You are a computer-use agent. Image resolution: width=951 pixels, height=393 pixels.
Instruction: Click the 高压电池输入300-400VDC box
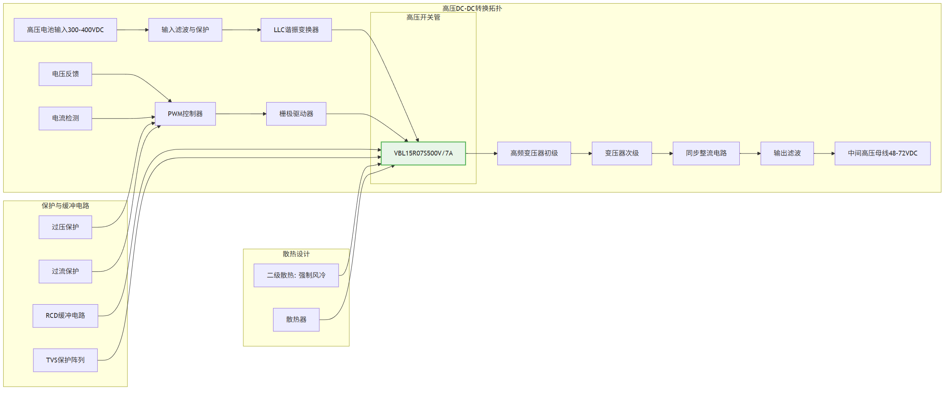click(65, 30)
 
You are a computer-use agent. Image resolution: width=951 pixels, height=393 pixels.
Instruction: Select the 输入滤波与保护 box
click(185, 30)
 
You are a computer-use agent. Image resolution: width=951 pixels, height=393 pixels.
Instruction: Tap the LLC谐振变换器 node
click(296, 30)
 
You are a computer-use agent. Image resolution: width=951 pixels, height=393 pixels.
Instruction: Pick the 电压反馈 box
click(65, 74)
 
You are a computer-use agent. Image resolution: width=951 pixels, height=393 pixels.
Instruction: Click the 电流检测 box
click(65, 118)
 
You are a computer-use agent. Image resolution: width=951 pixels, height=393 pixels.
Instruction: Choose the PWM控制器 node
click(185, 114)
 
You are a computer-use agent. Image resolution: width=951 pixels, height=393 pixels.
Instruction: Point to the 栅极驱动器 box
click(296, 114)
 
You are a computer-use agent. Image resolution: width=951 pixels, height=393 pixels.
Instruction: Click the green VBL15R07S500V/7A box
click(423, 153)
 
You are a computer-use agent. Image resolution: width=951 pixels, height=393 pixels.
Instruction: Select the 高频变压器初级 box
click(534, 153)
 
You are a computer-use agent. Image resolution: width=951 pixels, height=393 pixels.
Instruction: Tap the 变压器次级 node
click(622, 153)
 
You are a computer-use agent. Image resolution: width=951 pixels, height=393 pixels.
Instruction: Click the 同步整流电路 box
click(706, 153)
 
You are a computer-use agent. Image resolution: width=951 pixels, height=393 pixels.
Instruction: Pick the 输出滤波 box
click(787, 153)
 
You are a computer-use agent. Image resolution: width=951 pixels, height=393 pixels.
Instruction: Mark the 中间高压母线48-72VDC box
click(883, 153)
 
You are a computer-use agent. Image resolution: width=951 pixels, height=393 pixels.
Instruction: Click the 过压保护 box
click(65, 227)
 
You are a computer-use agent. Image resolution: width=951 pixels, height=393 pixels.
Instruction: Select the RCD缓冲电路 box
click(65, 316)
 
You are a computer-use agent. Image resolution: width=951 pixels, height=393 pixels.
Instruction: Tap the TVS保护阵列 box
click(65, 360)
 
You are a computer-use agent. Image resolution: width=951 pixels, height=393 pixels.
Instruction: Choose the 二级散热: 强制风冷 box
click(296, 275)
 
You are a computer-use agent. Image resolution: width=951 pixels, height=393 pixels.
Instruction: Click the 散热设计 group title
click(296, 254)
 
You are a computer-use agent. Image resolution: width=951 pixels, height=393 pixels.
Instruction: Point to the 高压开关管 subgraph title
click(423, 17)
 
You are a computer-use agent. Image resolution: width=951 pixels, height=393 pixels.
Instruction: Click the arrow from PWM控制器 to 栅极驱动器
click(241, 114)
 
